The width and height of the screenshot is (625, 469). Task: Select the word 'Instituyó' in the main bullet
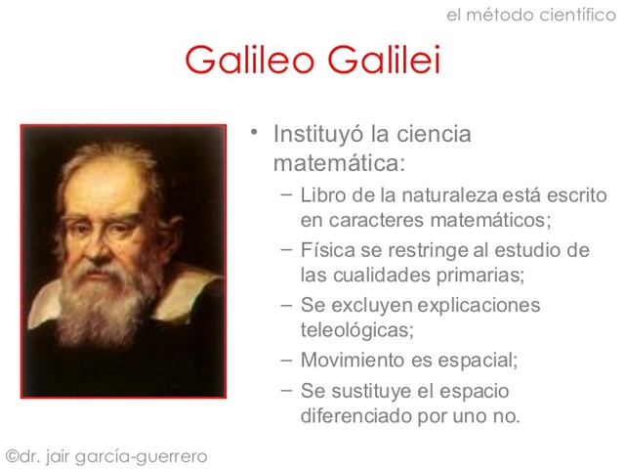point(318,133)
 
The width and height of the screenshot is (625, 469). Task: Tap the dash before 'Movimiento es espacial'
point(284,359)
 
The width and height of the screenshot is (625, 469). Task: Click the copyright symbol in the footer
point(13,455)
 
